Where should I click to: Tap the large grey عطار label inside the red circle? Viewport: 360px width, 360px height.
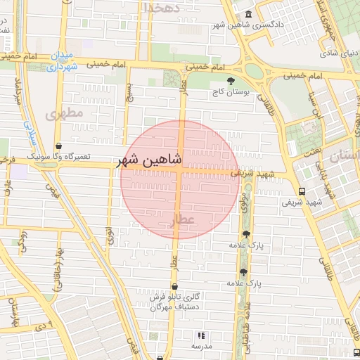point(183,222)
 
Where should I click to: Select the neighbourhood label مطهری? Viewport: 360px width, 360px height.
point(65,112)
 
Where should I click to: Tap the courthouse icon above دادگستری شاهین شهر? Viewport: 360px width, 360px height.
point(247,15)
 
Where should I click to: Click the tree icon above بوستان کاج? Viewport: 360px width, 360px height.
point(231,82)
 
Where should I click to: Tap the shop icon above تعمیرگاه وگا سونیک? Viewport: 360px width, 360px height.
point(58,146)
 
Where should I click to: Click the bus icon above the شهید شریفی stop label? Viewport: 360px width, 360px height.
point(302,191)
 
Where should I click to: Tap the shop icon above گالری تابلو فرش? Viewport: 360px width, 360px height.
point(174,286)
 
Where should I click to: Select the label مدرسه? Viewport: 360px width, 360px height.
point(202,347)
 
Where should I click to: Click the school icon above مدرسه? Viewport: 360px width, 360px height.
point(202,336)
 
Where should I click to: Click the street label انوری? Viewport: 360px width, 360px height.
point(110,234)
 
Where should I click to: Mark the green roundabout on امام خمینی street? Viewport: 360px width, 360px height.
point(255,71)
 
